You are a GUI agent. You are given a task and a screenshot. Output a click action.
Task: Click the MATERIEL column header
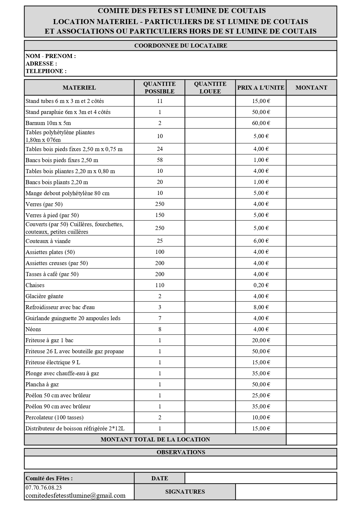79,88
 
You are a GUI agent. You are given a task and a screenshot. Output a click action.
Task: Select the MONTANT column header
311,88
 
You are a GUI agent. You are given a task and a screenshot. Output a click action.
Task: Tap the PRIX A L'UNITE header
261,88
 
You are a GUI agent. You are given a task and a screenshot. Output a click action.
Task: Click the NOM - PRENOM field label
51,56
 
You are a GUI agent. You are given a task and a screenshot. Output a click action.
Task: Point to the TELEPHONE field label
46,71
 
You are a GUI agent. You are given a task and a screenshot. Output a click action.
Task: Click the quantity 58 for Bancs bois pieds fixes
160,160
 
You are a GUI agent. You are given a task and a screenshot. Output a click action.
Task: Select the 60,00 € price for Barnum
261,123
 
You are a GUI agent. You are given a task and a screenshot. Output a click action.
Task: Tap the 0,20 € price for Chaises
261,285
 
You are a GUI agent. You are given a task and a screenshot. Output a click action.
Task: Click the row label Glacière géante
44,296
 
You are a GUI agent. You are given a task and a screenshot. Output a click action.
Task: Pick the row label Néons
33,329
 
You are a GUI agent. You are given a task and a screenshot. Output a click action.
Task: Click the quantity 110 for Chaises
160,285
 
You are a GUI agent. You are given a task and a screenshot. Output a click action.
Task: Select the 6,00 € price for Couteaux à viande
261,241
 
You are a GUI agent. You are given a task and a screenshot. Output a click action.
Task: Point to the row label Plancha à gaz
42,384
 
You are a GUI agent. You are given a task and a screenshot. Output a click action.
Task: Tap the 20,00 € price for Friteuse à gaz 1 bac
261,340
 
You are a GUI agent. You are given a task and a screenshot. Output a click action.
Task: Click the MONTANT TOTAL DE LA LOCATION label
155,439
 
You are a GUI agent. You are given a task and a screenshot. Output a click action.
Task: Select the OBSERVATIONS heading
181,452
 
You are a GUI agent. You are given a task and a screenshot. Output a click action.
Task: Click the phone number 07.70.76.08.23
44,488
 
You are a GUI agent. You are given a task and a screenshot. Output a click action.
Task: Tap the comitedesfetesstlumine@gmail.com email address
75,495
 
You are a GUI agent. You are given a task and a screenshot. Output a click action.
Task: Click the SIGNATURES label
185,492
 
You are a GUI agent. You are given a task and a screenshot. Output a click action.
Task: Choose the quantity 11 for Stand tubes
160,101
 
